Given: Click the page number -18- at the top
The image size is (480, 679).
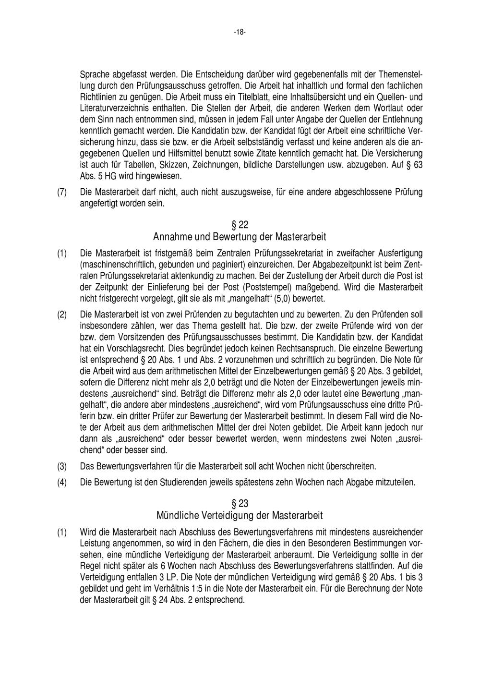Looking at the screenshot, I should (240, 32).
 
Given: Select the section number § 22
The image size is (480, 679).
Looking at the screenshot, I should (240, 225).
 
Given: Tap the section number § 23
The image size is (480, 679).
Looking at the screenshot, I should (240, 504).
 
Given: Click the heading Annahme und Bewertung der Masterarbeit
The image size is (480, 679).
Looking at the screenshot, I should (240, 237).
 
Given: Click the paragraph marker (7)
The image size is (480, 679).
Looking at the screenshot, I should (62, 193).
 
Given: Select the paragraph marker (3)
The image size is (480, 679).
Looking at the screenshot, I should (62, 466).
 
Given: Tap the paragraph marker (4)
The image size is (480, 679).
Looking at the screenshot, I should (62, 482).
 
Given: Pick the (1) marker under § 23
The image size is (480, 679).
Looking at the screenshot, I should (62, 532).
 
